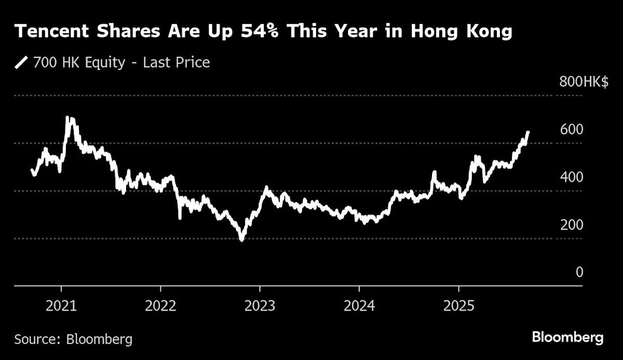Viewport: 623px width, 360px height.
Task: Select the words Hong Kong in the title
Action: [x=462, y=32]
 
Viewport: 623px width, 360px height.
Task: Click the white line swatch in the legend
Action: [x=21, y=63]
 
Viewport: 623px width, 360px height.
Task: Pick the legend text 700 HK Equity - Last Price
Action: [x=121, y=63]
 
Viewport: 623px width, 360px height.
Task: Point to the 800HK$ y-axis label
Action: [x=584, y=82]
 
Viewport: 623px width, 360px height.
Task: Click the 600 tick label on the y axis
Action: [x=572, y=129]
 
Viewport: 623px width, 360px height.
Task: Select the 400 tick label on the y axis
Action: [x=572, y=177]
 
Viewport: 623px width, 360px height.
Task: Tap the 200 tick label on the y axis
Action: [x=572, y=225]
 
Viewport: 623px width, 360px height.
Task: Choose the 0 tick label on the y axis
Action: [x=579, y=272]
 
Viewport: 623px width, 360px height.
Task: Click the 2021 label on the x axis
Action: [x=61, y=305]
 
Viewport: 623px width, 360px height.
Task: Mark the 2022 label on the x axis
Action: [x=160, y=305]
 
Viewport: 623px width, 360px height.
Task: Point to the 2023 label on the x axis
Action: [x=260, y=305]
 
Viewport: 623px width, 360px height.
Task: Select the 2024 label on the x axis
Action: [x=359, y=305]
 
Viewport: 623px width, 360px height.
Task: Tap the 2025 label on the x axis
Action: [x=458, y=305]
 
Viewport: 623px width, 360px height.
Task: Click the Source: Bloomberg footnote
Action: [x=73, y=340]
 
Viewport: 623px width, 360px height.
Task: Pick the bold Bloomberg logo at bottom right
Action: [x=567, y=338]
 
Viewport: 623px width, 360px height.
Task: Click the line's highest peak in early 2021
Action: [x=70, y=119]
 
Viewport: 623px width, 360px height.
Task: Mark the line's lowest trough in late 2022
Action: [x=241, y=239]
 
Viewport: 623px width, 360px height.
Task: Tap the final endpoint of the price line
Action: [x=528, y=132]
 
